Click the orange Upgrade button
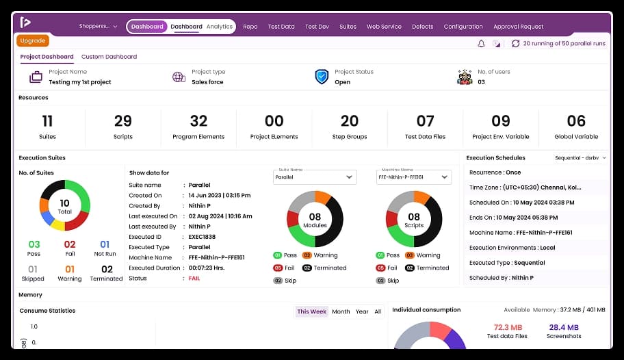(x=33, y=41)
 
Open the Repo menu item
(x=250, y=27)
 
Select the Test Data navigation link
(x=281, y=27)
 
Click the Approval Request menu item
(x=518, y=27)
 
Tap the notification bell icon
(x=481, y=43)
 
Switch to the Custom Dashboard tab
(x=109, y=57)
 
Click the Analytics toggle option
(x=220, y=27)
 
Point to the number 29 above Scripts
(x=123, y=121)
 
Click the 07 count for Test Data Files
(x=425, y=121)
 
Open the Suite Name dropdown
(x=315, y=177)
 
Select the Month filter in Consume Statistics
(x=341, y=311)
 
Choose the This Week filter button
(x=311, y=311)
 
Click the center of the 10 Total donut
(x=64, y=205)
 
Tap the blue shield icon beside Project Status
(x=322, y=77)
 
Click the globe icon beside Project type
(x=179, y=77)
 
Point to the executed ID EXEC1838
(x=203, y=236)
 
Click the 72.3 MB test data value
(x=507, y=327)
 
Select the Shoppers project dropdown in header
(x=98, y=27)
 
